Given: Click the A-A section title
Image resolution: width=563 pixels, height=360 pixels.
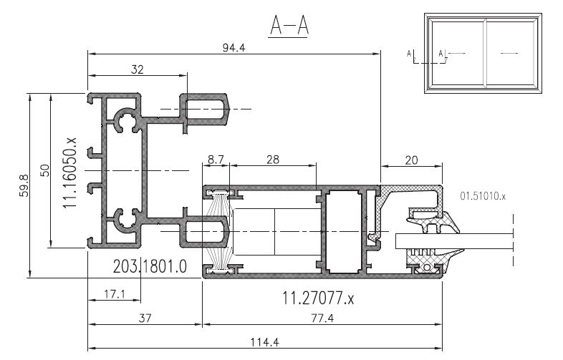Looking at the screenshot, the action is click(x=289, y=26).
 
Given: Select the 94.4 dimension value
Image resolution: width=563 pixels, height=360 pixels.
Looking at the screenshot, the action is click(x=234, y=48).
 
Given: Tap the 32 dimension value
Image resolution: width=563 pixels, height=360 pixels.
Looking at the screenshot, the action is click(x=137, y=69).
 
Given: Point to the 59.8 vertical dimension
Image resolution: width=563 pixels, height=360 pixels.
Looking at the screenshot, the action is click(x=24, y=185).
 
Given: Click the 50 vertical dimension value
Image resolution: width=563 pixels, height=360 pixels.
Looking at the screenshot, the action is click(x=45, y=170).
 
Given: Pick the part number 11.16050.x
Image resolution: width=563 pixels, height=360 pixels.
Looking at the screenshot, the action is click(x=69, y=172).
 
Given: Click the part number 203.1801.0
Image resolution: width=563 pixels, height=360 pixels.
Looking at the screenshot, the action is click(x=150, y=267).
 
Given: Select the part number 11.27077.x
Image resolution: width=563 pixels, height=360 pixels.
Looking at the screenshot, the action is click(x=318, y=298).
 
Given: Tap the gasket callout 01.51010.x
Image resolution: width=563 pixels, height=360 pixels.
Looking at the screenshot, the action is click(x=483, y=196).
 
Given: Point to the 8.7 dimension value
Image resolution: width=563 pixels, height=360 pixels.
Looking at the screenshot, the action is click(x=216, y=160).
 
